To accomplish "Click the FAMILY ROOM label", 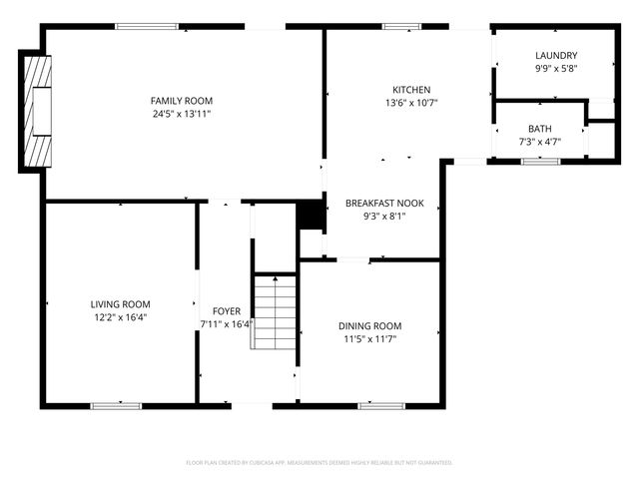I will [x=182, y=101].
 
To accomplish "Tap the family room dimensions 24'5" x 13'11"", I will [x=182, y=114].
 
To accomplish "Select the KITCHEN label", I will [x=411, y=89].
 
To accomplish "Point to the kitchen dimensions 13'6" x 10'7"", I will [x=411, y=103].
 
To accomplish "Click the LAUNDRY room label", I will [x=556, y=55].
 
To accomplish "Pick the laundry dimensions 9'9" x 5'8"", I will [x=556, y=68].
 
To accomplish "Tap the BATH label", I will [x=539, y=129].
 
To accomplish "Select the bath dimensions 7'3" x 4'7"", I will [x=539, y=142].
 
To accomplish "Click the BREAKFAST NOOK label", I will [x=384, y=203].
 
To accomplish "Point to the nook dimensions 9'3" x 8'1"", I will [x=384, y=217].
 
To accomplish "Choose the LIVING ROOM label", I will [x=120, y=304].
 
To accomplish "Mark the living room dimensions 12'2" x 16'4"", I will [x=120, y=317].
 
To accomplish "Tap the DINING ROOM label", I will [x=369, y=326].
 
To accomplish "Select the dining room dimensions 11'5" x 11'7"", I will [x=369, y=339].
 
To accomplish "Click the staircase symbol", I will [x=273, y=311].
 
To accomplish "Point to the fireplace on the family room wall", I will [x=38, y=112].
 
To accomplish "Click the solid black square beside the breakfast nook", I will [x=312, y=216].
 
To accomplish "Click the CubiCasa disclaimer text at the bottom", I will [x=319, y=463].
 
